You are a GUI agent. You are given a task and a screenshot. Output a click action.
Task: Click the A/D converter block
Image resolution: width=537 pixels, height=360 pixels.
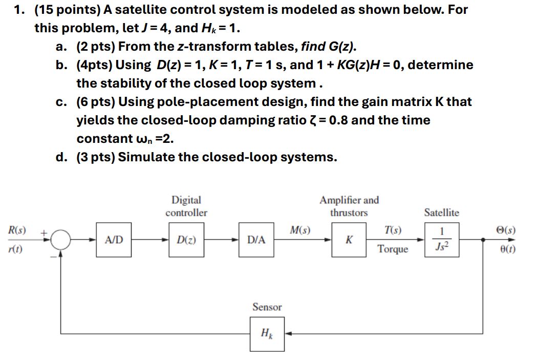(x=114, y=239)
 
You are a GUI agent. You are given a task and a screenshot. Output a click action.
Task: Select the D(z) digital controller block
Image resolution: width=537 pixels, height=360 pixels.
(x=185, y=239)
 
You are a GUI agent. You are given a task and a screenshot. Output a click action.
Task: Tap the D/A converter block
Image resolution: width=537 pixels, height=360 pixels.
(x=256, y=239)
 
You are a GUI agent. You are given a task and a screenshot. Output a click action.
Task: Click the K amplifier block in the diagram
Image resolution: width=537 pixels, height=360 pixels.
(x=349, y=239)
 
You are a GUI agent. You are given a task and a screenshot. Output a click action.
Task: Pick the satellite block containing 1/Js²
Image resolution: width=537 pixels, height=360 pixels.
(x=442, y=239)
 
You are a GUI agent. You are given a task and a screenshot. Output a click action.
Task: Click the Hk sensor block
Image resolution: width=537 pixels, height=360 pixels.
(x=267, y=334)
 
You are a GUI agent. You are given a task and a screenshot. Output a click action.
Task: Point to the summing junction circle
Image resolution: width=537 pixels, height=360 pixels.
(x=61, y=239)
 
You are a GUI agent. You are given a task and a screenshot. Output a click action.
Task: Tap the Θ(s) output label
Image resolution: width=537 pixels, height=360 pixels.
(x=506, y=230)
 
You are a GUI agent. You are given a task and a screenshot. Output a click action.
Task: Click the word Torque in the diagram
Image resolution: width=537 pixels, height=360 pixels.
(x=393, y=249)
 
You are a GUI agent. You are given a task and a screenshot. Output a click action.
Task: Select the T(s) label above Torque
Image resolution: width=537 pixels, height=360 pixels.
(x=393, y=230)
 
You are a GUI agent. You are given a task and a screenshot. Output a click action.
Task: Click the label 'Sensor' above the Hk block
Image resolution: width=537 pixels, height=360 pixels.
(x=267, y=307)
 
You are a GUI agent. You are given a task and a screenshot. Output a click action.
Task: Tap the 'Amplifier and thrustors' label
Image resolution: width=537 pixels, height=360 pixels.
(x=349, y=206)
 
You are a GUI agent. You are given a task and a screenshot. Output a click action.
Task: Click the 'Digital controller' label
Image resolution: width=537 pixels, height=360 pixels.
(x=186, y=206)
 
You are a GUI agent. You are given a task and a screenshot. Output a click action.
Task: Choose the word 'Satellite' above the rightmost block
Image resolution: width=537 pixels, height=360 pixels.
(x=441, y=212)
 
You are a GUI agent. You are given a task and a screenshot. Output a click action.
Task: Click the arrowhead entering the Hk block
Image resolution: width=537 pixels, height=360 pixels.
(x=288, y=334)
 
